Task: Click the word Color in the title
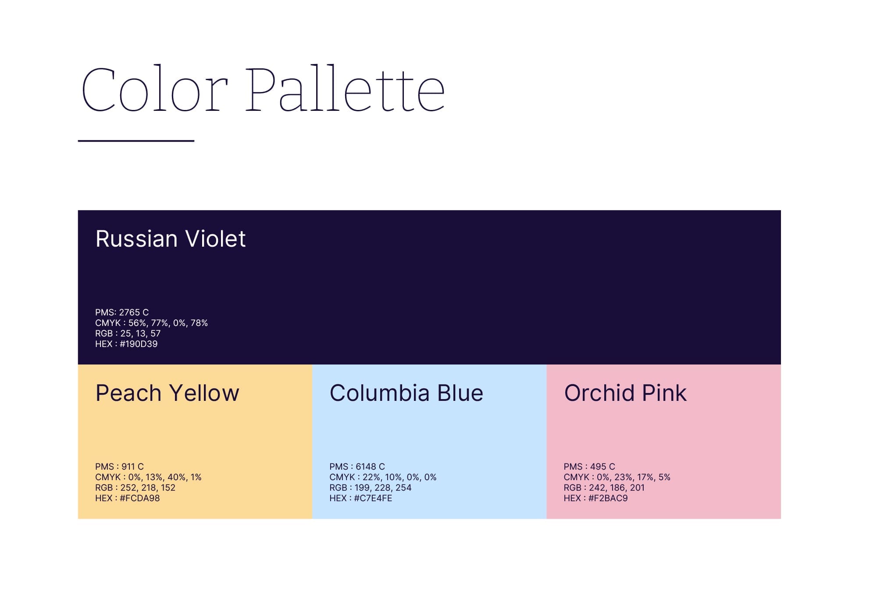click(x=155, y=89)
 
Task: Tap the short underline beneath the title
click(x=136, y=141)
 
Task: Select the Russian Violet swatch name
click(x=171, y=239)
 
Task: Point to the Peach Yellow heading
click(x=168, y=393)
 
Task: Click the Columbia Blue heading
click(x=406, y=393)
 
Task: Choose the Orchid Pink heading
click(x=625, y=393)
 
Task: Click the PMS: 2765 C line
click(x=122, y=312)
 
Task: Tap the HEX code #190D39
click(x=139, y=344)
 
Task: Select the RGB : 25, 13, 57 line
click(x=128, y=333)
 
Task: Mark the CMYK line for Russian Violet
click(x=151, y=323)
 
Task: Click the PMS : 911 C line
click(x=119, y=467)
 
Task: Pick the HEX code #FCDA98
click(x=140, y=498)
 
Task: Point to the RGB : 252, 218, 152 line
click(x=135, y=488)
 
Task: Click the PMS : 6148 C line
click(x=357, y=467)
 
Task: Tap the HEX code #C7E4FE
click(x=373, y=498)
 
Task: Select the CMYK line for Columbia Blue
click(x=383, y=477)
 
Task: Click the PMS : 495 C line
click(x=589, y=467)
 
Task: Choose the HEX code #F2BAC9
click(x=608, y=498)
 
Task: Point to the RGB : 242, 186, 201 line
click(x=604, y=488)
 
